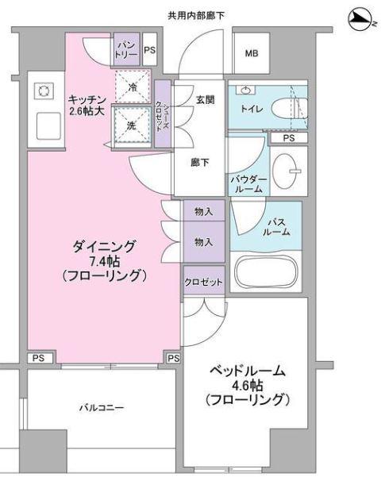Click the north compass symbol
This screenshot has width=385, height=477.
pos(362,20)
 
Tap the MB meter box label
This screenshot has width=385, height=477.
pos(252,53)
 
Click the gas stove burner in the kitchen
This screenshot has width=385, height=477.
pos(43,90)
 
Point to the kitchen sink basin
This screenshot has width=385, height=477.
pos(48,126)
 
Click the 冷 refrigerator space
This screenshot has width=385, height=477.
pos(133,87)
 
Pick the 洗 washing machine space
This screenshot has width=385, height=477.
pos(133,125)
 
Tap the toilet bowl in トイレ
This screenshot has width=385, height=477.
pos(289,108)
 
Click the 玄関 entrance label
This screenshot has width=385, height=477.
pos(205,99)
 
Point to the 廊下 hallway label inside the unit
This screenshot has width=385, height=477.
pos(200,163)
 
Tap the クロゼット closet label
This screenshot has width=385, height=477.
pos(203,282)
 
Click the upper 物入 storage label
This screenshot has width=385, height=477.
pos(203,211)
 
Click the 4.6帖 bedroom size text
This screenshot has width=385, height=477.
pos(247,386)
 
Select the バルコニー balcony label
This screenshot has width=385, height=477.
pos(102,407)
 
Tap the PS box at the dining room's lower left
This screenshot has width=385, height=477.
pos(39,358)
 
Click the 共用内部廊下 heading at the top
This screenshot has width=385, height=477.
pos(196,15)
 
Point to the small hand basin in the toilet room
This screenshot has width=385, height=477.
pos(246,90)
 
